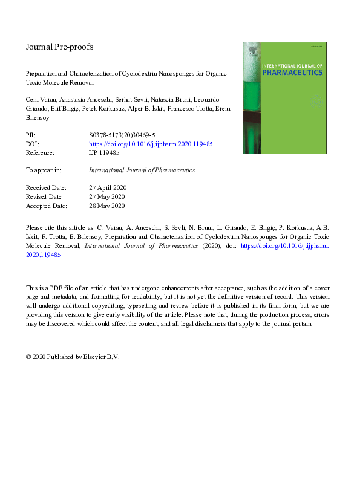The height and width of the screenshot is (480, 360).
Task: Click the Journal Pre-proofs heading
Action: pos(60,47)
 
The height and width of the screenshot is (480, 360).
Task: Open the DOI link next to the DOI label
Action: pos(151,145)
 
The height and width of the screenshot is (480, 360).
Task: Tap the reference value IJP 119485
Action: pos(104,153)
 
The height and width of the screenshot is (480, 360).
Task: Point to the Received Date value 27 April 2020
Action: pos(107,187)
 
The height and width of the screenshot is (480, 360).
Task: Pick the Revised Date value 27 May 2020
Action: pos(106,196)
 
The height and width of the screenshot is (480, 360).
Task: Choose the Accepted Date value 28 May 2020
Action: pos(106,206)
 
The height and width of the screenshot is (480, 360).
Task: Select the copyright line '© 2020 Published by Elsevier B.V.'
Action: pos(73,357)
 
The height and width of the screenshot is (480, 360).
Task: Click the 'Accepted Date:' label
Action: pos(45,206)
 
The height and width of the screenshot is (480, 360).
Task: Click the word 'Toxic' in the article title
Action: pos(36,82)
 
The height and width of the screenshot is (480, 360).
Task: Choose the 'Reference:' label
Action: pos(41,153)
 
